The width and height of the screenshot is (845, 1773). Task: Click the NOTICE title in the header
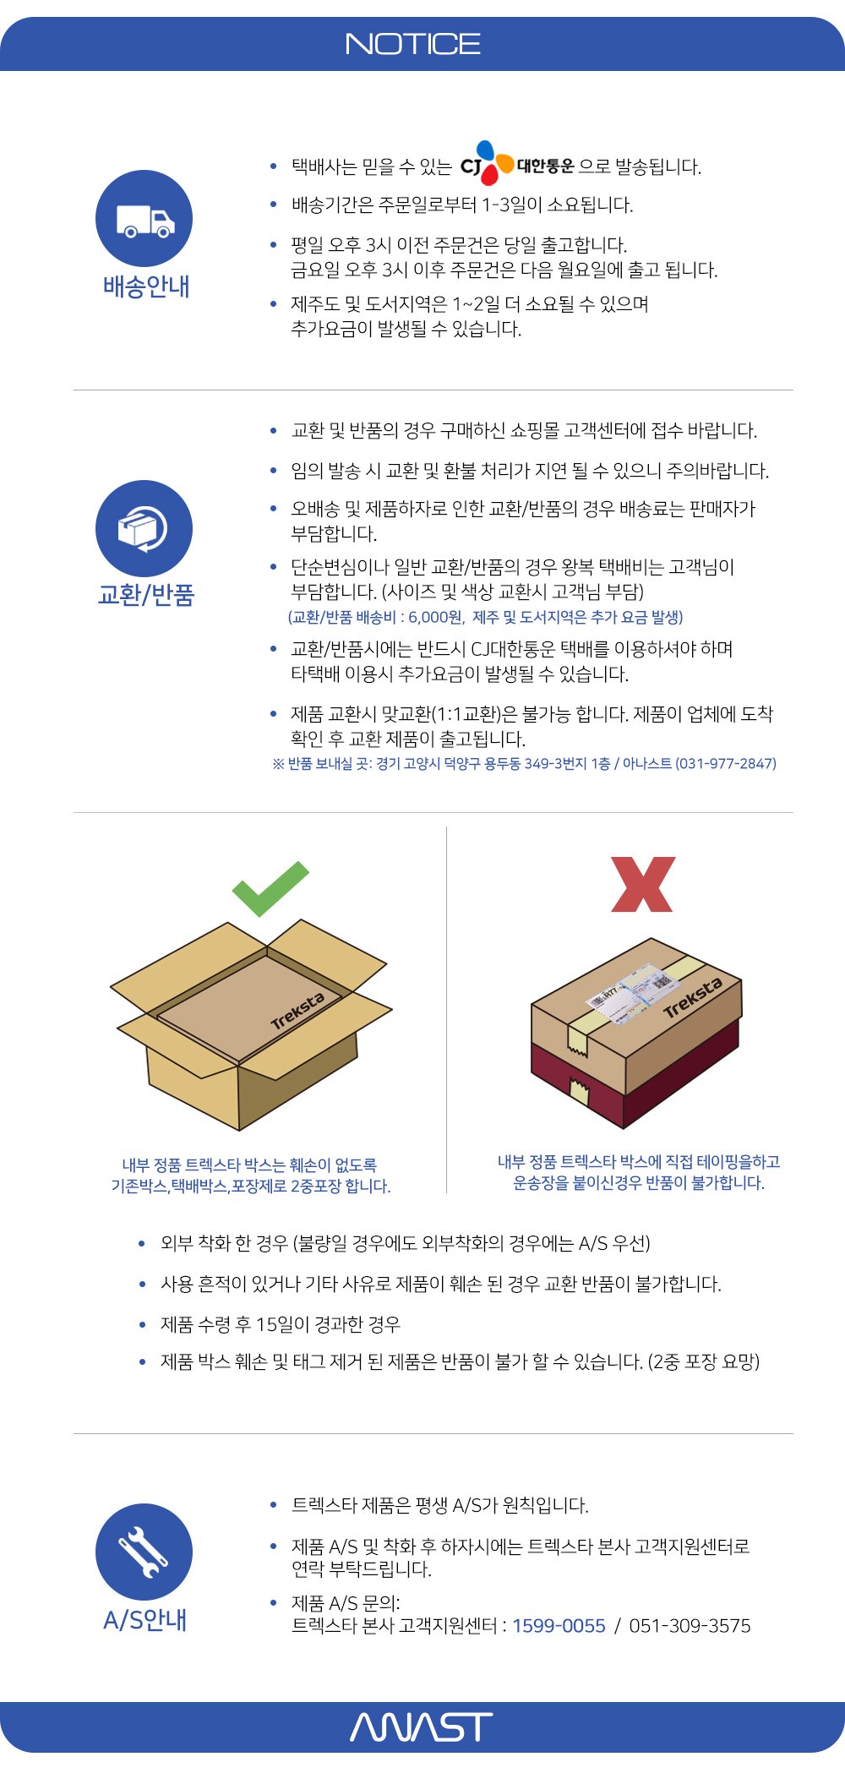coord(413,44)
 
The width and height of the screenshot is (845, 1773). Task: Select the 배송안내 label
coord(145,286)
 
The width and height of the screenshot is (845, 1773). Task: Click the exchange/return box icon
coord(144,529)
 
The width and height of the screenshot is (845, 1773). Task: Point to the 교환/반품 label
coord(146,595)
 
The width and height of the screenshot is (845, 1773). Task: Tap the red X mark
coord(642,885)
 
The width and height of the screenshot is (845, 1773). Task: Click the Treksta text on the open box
coord(297,1011)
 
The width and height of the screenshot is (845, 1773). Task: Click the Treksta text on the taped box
coord(693,998)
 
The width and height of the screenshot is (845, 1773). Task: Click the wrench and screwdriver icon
coord(144,1552)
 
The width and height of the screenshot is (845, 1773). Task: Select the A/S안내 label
coord(144,1620)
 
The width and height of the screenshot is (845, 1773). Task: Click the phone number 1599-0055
coord(559,1626)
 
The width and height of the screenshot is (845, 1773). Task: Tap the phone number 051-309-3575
coord(690,1626)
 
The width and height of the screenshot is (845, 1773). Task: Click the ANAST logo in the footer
coord(421,1727)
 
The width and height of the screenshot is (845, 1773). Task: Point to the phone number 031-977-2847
coord(726,763)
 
